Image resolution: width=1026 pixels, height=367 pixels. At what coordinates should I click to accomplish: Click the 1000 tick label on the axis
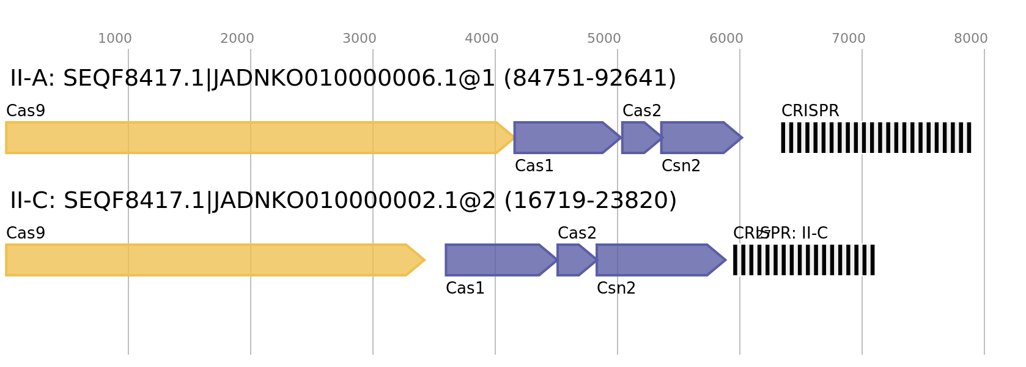(x=115, y=39)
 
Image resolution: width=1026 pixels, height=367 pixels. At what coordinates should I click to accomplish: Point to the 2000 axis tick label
(x=237, y=39)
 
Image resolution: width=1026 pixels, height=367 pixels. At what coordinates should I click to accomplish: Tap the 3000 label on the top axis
(x=360, y=39)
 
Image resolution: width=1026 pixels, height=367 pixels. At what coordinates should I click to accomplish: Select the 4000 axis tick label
(x=482, y=39)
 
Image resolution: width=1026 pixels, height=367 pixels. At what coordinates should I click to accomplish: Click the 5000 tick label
(x=604, y=39)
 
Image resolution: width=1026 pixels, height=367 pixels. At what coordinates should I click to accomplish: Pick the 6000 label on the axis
(x=726, y=39)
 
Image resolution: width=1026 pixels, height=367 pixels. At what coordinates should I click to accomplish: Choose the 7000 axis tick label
(x=849, y=39)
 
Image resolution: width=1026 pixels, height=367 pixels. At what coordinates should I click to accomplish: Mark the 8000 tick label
(x=971, y=39)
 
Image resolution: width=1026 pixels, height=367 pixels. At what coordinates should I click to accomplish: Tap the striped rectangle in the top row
(x=876, y=138)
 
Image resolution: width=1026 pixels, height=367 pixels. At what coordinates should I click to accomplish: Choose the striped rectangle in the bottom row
(x=804, y=260)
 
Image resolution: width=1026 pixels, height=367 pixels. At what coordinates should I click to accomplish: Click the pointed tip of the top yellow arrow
(x=512, y=138)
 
